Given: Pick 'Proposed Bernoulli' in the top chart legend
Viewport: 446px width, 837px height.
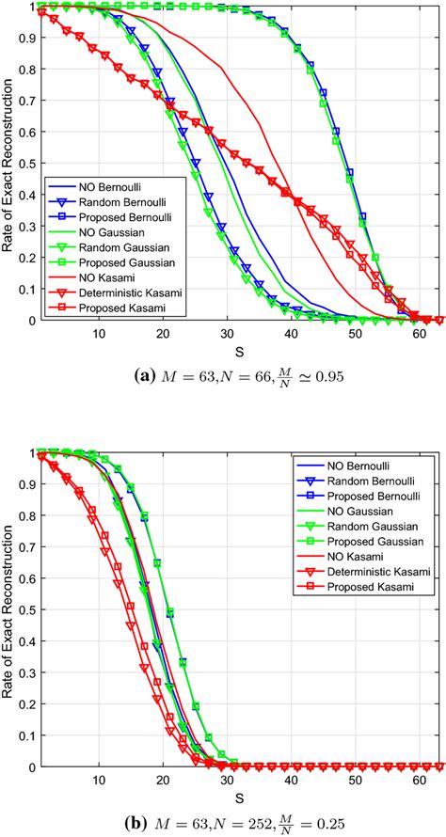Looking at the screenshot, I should point(127,216).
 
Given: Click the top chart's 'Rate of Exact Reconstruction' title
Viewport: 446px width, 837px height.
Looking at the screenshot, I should point(8,165).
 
